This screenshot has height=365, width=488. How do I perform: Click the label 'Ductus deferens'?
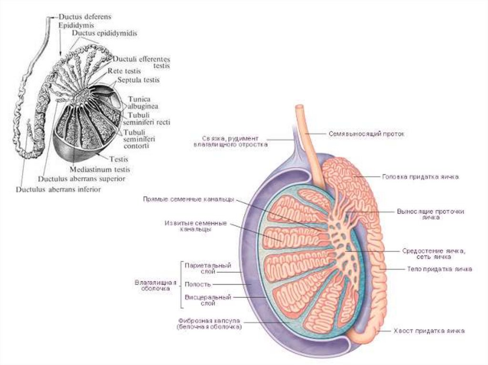(x=85, y=17)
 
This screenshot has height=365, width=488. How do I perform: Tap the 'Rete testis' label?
(x=124, y=71)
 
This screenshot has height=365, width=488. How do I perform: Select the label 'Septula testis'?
(x=138, y=80)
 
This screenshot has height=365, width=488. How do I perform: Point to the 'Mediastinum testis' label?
(x=100, y=170)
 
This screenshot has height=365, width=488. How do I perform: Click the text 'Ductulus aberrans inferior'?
(x=59, y=189)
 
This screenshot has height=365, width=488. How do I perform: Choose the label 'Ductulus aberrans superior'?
(x=81, y=179)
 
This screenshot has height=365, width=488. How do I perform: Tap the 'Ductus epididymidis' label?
(x=104, y=33)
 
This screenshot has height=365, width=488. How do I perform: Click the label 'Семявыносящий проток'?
(x=366, y=134)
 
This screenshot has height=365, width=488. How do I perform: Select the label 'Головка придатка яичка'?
(x=420, y=177)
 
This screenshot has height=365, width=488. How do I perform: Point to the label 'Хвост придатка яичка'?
(x=429, y=331)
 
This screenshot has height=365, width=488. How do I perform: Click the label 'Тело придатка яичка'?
(x=439, y=269)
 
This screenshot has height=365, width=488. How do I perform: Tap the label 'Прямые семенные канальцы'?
(x=188, y=199)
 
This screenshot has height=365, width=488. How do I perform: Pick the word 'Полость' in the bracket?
(x=198, y=285)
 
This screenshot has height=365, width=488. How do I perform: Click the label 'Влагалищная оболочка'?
(x=156, y=286)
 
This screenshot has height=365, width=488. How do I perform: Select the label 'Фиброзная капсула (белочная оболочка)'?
(x=209, y=324)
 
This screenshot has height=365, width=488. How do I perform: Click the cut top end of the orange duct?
(x=299, y=107)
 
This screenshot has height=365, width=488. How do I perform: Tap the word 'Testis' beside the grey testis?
(x=119, y=159)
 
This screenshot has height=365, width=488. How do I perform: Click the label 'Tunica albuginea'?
(x=143, y=103)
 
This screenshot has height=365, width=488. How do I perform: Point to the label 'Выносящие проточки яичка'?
(x=431, y=215)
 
